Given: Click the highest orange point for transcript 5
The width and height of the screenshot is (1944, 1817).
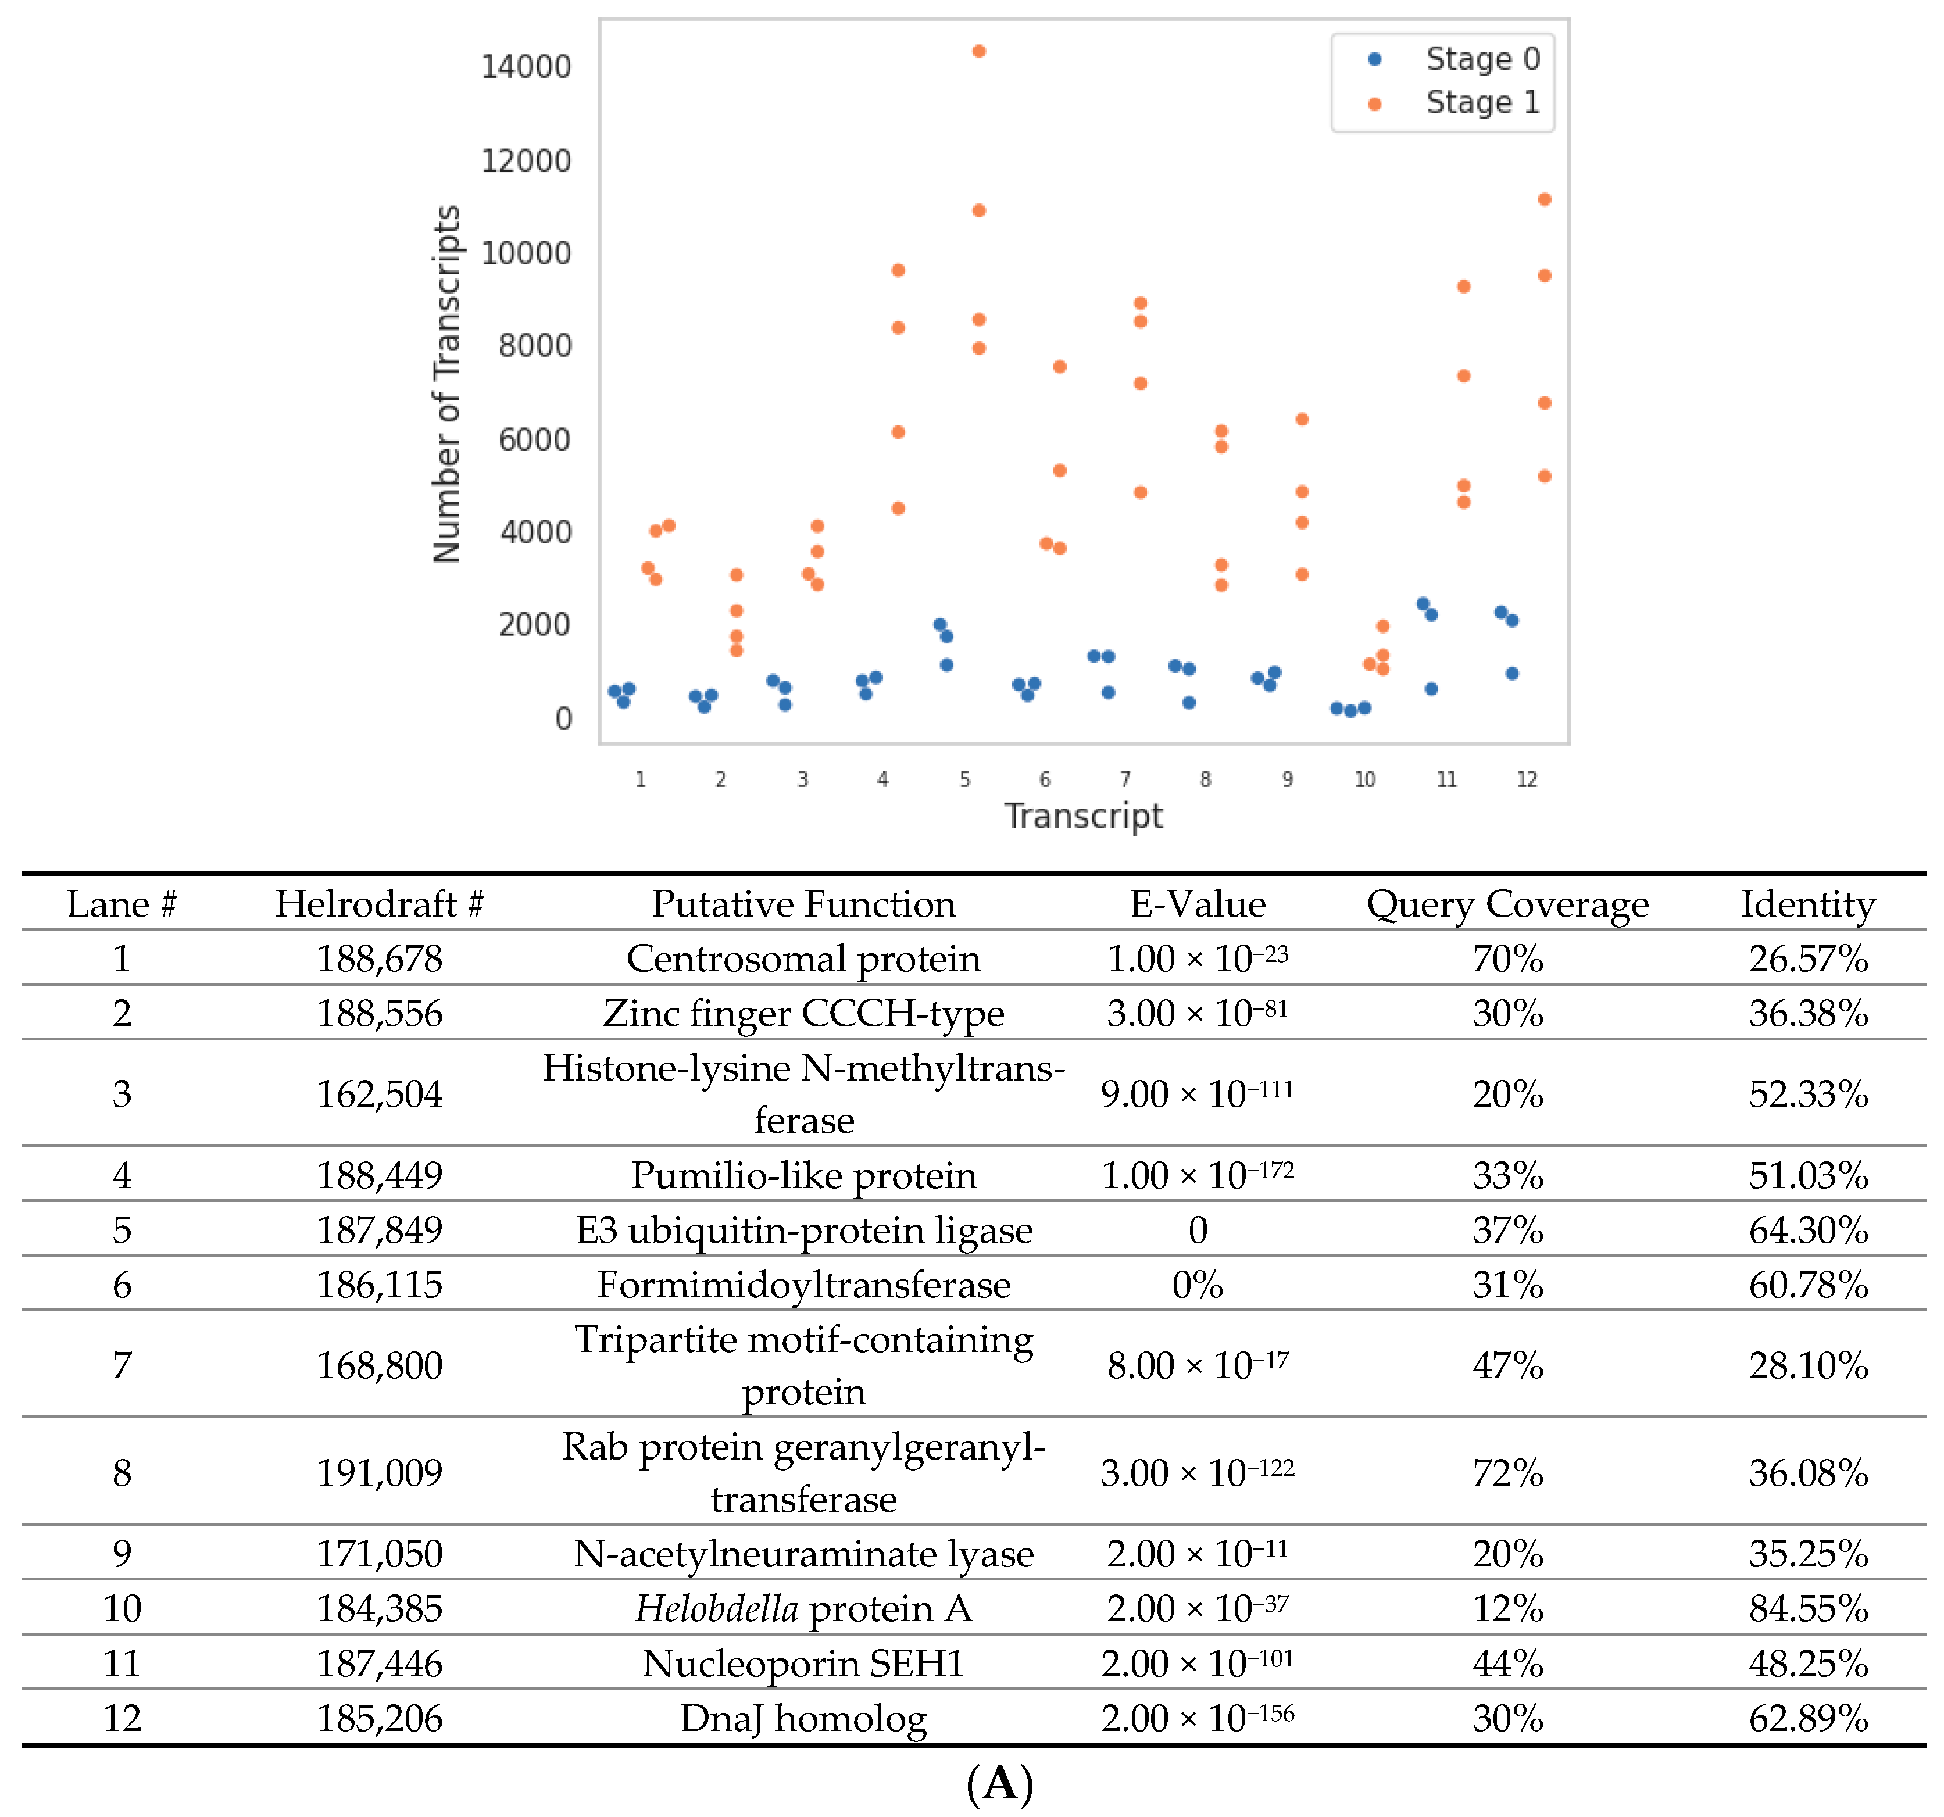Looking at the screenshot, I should click(x=979, y=51).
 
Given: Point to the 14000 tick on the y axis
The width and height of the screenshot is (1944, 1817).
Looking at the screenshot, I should click(x=526, y=66).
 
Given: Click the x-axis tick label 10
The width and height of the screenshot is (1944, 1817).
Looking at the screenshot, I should click(x=1365, y=779).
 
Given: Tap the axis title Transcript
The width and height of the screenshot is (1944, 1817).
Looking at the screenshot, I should click(x=1084, y=815).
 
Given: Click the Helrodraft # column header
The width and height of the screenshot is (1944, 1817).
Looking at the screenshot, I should click(x=380, y=904).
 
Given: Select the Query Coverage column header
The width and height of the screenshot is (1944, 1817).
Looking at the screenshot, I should click(x=1507, y=904).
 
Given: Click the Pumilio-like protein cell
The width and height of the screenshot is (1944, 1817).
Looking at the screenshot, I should click(x=804, y=1175).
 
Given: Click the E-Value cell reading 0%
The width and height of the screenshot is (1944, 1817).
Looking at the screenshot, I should click(x=1197, y=1284).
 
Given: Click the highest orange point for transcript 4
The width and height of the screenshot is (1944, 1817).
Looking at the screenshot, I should click(x=898, y=270).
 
